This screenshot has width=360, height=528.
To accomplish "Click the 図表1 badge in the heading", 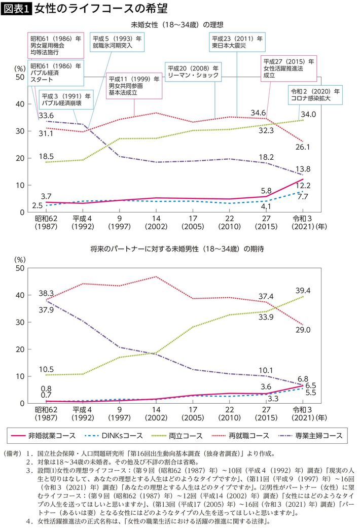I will (x=17, y=9).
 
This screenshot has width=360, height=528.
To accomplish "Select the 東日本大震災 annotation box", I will (x=236, y=42).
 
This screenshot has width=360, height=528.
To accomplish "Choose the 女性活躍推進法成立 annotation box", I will (x=286, y=67).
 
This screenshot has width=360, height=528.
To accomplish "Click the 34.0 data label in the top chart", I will (x=308, y=115).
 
